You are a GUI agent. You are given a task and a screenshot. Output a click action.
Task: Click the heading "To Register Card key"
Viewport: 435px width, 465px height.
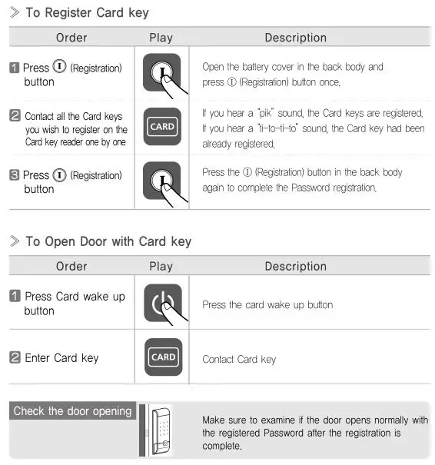[x=87, y=13]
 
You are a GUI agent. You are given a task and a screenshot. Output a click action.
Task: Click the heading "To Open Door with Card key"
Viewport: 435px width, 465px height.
[x=108, y=241]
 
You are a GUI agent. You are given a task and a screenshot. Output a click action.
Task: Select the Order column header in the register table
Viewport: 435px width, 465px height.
[x=71, y=38]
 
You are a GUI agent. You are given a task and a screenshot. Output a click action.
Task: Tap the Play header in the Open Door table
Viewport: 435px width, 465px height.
[x=161, y=266]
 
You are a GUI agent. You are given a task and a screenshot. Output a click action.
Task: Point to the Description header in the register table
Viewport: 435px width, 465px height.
[x=295, y=38]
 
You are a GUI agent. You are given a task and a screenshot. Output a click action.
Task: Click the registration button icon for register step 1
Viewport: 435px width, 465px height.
[x=162, y=74]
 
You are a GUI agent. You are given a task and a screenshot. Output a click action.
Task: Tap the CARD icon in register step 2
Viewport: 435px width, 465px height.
[x=162, y=127]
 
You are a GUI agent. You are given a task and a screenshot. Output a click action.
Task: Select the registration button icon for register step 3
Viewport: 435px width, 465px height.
[x=162, y=181]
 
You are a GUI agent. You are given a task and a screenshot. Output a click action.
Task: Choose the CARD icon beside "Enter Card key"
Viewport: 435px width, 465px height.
[x=163, y=357]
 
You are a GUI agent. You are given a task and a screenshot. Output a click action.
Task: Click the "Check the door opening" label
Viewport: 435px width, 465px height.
[x=72, y=411]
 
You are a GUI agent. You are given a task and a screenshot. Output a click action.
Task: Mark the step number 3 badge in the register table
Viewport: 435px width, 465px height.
[x=15, y=175]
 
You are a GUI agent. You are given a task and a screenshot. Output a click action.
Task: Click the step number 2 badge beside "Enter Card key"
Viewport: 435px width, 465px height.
[x=15, y=357]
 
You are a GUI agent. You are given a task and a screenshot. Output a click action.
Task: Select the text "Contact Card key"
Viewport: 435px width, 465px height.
[x=238, y=359]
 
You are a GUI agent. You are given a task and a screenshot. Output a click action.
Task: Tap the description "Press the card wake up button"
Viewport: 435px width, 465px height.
[x=267, y=304]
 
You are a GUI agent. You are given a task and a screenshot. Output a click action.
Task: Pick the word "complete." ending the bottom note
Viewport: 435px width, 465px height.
[x=221, y=446]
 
